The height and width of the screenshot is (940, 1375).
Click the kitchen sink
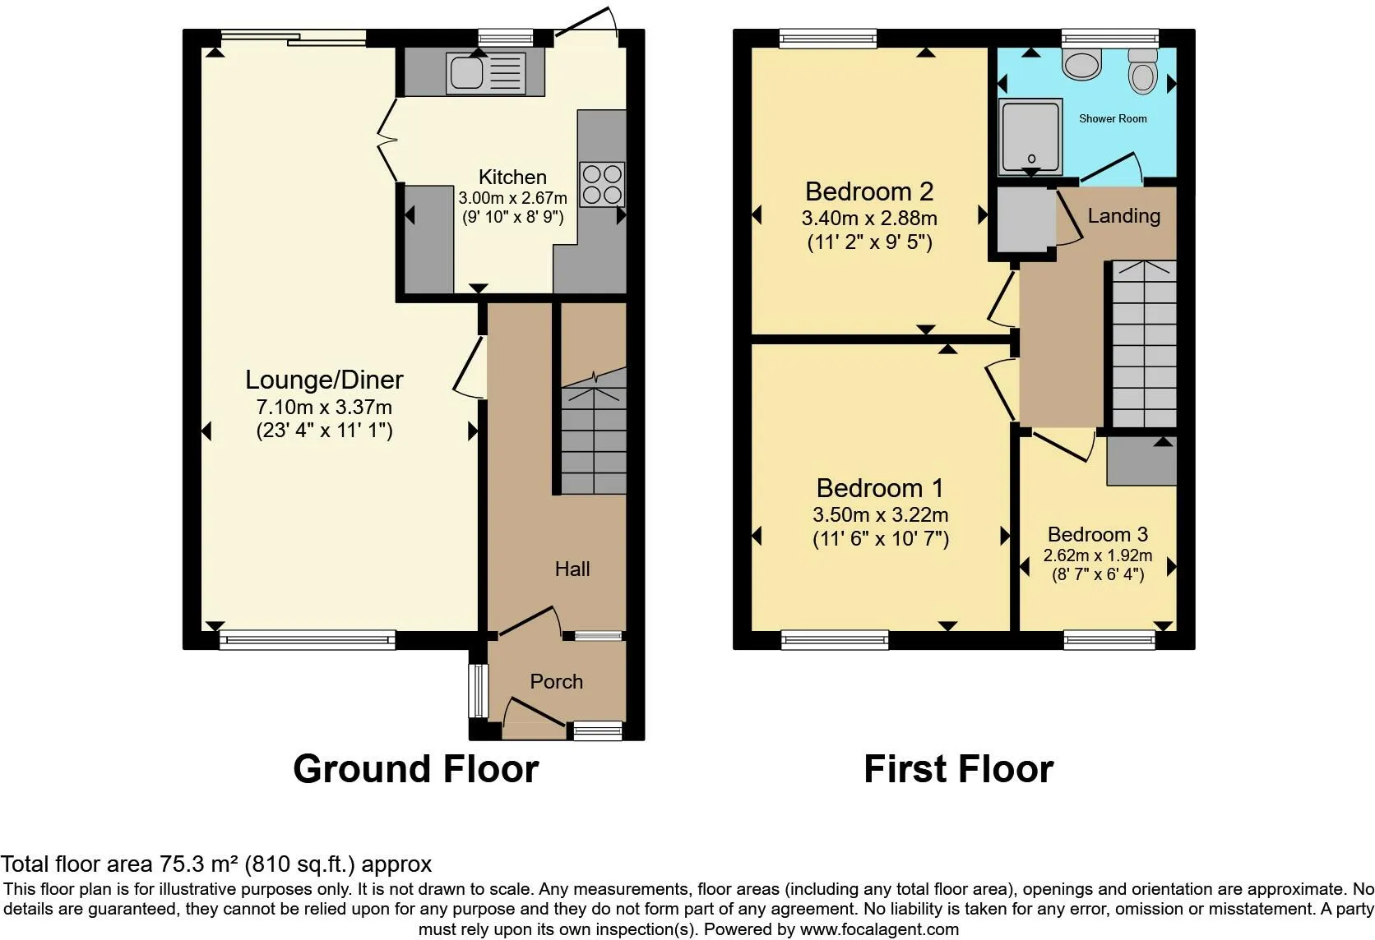(466, 71)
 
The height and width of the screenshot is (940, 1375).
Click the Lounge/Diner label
(324, 380)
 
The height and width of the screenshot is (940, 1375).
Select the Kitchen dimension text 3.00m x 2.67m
(512, 198)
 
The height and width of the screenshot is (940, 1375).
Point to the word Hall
(572, 569)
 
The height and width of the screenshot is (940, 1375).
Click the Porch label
(556, 681)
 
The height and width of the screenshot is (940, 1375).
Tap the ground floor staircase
(594, 435)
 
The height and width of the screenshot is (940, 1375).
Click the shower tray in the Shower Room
(1030, 137)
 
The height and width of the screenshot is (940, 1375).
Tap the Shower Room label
(1113, 118)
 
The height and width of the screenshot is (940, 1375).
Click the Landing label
(1123, 215)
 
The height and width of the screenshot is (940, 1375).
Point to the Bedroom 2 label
(869, 191)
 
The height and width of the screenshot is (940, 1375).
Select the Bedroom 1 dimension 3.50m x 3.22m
(880, 515)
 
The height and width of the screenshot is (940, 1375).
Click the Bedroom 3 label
(1098, 534)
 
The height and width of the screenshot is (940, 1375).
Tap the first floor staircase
(1144, 345)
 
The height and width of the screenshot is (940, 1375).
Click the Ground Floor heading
(415, 769)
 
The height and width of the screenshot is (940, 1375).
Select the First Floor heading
(958, 769)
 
